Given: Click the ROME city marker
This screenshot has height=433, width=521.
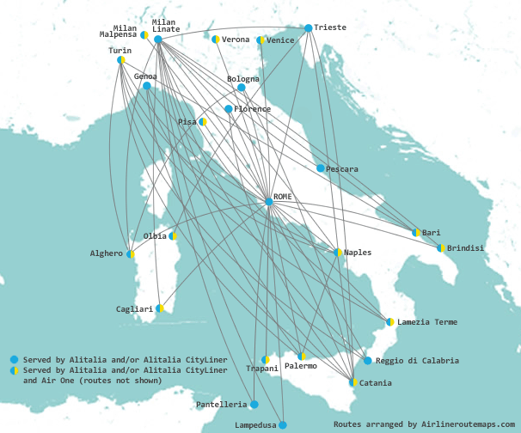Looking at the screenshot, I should [x=269, y=202].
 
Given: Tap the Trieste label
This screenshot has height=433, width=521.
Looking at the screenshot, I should [x=330, y=27].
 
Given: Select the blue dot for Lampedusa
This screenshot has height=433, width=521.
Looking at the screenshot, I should [x=282, y=424].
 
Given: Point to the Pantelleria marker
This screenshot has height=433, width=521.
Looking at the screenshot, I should [x=254, y=404].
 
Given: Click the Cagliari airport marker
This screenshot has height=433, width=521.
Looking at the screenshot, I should [x=160, y=308].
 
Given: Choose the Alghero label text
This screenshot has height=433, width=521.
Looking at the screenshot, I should [x=107, y=253].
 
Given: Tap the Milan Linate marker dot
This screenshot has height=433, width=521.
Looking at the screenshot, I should [x=158, y=40].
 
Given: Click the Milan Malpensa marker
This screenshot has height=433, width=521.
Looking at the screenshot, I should [x=144, y=35].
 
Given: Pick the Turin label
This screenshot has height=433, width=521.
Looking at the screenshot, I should [x=120, y=51].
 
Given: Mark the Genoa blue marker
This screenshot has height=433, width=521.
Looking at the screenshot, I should [x=147, y=86].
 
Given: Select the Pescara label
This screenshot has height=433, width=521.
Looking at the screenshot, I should [x=342, y=169].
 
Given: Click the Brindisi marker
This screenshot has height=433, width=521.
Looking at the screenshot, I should [x=441, y=247].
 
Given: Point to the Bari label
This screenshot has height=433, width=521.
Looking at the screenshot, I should [x=432, y=233].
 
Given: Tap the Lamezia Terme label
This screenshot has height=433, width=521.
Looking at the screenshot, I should [x=427, y=322].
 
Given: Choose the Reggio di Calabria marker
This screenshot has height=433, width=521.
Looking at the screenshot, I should [x=367, y=360].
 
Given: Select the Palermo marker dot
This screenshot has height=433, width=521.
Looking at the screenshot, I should [x=302, y=356].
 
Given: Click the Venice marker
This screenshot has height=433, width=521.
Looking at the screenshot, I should [x=260, y=40].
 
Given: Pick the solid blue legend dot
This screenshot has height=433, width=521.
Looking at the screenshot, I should [x=14, y=359].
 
